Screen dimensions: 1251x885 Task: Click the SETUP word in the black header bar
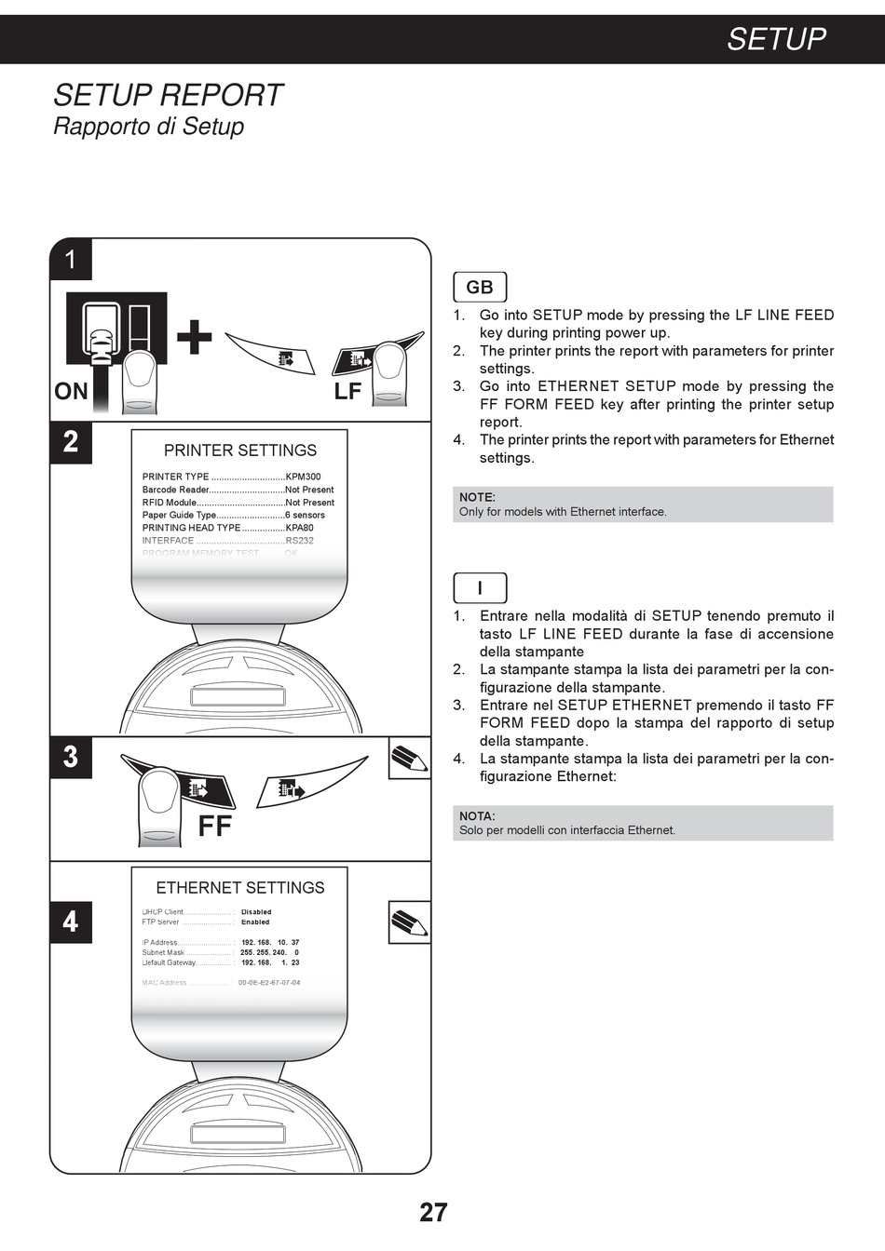pos(776,39)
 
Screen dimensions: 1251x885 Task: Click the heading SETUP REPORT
pos(168,95)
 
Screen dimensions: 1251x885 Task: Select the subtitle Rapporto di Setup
pos(148,127)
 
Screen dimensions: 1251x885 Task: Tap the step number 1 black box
pos(71,259)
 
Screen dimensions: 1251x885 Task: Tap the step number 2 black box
pos(71,441)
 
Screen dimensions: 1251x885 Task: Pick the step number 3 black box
pos(71,756)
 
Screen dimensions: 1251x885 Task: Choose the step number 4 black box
pos(71,921)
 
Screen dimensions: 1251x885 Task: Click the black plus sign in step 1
pos(194,337)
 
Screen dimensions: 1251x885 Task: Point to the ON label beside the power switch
pos(71,392)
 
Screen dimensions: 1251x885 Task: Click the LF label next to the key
pos(347,392)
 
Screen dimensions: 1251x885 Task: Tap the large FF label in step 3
pos(214,826)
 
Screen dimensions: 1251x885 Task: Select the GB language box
pos(480,288)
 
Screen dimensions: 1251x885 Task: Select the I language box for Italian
pos(480,588)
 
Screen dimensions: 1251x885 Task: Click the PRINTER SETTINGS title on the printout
pos(240,451)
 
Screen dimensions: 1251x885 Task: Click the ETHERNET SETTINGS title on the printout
pos(240,888)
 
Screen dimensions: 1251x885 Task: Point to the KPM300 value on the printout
pos(303,477)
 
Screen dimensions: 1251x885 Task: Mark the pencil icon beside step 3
pos(409,758)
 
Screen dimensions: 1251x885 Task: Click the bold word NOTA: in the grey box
pos(477,816)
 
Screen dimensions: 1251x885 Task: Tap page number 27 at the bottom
pos(433,1212)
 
